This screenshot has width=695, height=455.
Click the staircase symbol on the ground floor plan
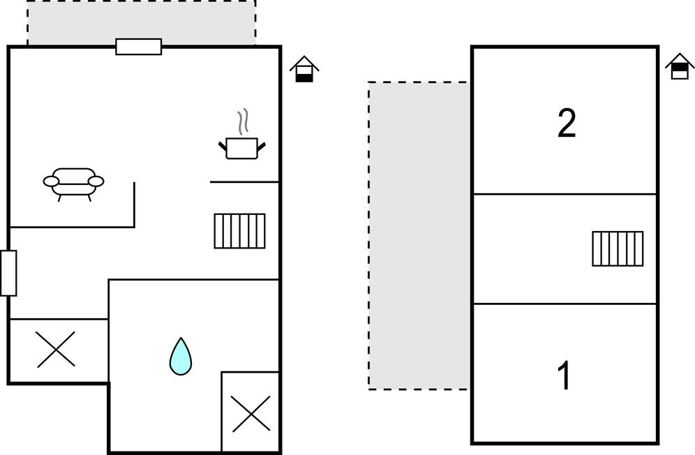(239, 231)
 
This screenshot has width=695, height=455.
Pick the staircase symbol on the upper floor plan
(618, 248)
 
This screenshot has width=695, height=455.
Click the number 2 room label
(567, 124)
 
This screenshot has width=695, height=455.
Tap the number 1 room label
(565, 376)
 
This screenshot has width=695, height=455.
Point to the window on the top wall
(138, 47)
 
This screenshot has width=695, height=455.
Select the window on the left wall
(8, 273)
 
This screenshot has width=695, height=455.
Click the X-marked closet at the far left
(56, 350)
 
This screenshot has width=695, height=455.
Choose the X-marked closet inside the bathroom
(251, 413)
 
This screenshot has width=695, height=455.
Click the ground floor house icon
(304, 69)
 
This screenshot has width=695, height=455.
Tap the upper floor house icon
(680, 67)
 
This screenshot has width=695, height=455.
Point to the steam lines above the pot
(242, 122)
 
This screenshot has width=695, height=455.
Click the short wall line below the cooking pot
(244, 182)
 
